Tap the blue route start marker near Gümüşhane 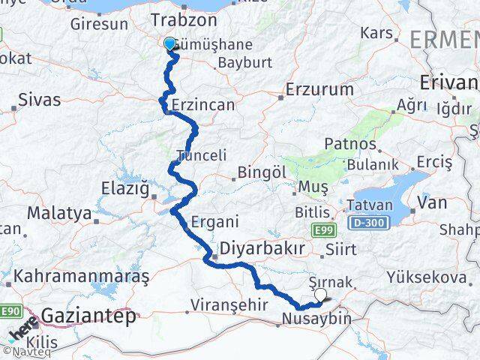[x=170, y=44]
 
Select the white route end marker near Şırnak [x=322, y=295]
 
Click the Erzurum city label [x=319, y=90]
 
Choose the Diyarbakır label [x=262, y=249]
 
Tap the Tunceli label [x=200, y=155]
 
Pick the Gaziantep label [x=89, y=316]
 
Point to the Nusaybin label [x=316, y=319]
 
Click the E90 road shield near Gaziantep [x=10, y=310]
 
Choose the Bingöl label [x=262, y=172]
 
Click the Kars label [x=376, y=34]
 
